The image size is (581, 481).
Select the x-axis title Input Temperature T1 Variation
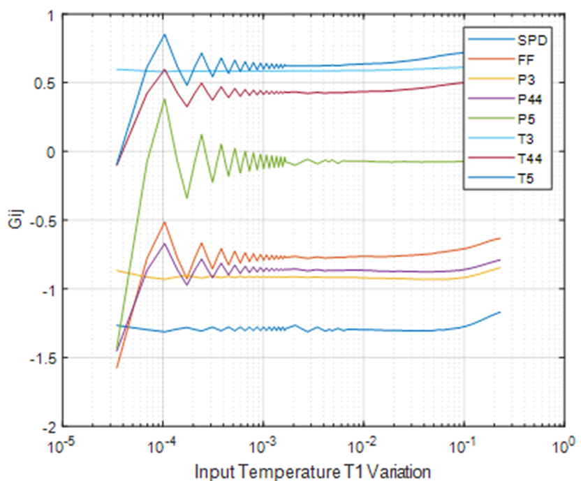click(313, 471)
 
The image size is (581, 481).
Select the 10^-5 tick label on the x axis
click(63, 444)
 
